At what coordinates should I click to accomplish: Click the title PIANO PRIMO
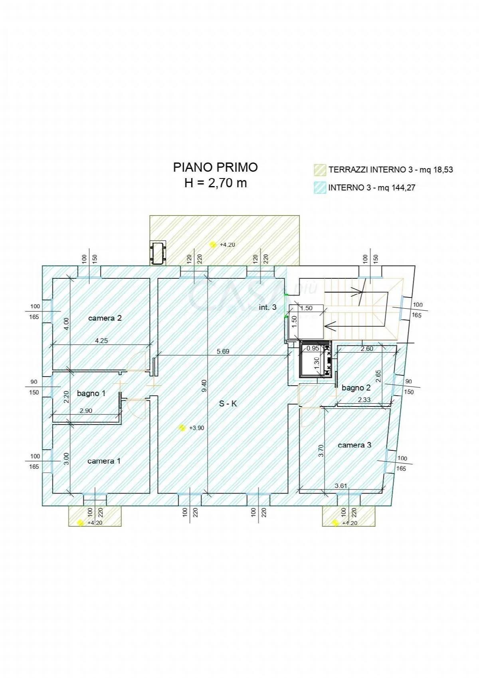[x=215, y=167]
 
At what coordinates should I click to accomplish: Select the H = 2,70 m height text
[x=216, y=183]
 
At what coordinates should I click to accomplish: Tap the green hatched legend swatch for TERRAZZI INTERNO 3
[x=320, y=170]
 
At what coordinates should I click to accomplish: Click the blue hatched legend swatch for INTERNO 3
[x=320, y=188]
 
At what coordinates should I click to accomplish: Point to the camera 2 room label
[x=105, y=318]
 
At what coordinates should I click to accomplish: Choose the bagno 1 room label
[x=91, y=393]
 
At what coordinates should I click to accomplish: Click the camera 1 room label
[x=104, y=461]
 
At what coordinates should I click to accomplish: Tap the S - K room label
[x=228, y=403]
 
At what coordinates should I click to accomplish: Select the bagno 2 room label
[x=356, y=387]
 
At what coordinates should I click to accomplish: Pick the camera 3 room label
[x=354, y=445]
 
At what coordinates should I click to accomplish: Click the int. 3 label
[x=267, y=307]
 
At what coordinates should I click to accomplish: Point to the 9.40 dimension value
[x=204, y=386]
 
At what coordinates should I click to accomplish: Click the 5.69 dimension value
[x=223, y=351]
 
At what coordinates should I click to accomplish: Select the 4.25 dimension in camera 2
[x=101, y=341]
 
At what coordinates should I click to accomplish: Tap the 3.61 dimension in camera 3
[x=341, y=486]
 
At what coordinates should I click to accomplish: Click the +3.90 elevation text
[x=196, y=428]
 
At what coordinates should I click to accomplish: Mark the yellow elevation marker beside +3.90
[x=182, y=428]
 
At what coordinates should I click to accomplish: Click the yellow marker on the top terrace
[x=213, y=244]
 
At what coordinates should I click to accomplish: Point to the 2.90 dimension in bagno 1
[x=86, y=411]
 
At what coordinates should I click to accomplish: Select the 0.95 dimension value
[x=313, y=348]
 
